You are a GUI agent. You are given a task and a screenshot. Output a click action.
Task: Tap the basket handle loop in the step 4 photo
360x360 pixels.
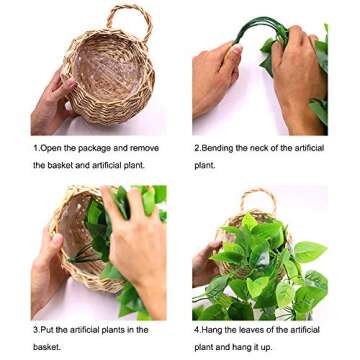point(258,197)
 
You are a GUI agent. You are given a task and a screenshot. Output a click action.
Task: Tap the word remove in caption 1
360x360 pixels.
point(144,148)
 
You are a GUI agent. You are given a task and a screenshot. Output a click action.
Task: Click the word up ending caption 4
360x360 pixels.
point(269,347)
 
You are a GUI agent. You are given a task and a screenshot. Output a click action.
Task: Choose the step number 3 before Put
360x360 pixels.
point(35,329)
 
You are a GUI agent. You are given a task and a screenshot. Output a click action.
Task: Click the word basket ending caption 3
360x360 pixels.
point(46,347)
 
